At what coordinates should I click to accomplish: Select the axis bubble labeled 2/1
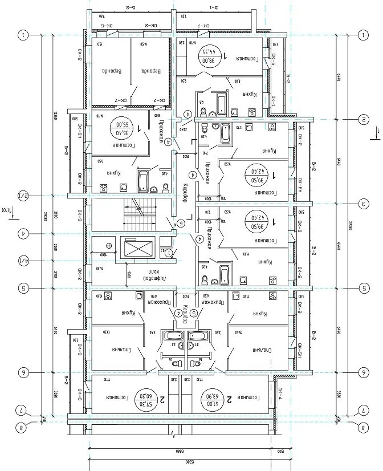23,196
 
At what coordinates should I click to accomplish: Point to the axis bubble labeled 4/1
23,261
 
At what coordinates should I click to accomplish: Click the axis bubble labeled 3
362,203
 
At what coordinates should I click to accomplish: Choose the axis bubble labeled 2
362,119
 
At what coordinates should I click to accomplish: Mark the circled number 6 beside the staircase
181,223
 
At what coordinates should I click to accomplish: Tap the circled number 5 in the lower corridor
194,312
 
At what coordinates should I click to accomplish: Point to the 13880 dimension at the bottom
181,450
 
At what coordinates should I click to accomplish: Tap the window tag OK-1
274,103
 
